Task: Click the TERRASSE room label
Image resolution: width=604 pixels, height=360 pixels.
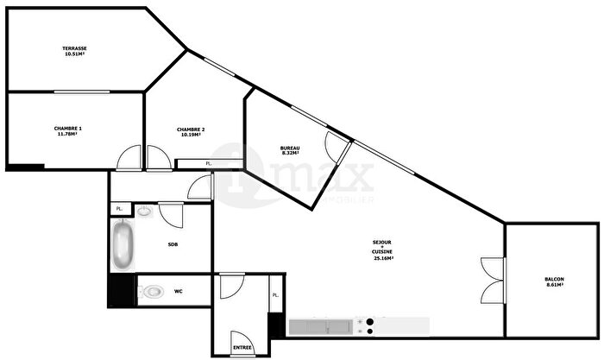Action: coord(74,47)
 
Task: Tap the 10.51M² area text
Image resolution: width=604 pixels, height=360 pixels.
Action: coord(74,54)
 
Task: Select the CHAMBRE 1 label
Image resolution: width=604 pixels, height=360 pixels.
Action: coord(67,128)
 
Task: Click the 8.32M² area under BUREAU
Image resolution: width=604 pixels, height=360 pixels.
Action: coord(290,154)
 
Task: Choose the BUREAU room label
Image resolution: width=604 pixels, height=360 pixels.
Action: coord(290,148)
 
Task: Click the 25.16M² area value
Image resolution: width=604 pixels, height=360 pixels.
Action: coord(384,258)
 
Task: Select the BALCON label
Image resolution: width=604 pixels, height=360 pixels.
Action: coord(555,278)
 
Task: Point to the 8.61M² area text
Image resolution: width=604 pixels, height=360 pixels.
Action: coord(555,285)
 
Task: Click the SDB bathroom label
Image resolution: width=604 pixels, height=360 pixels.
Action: coord(173,244)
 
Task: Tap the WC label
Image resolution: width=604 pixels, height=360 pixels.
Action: coord(179,291)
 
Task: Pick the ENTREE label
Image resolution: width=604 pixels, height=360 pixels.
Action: coord(242,347)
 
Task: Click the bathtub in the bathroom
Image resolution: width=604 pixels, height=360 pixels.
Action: coord(123,246)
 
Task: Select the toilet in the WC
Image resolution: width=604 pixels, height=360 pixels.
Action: coord(150,291)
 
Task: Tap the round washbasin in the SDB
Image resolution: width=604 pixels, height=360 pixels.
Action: coord(144,210)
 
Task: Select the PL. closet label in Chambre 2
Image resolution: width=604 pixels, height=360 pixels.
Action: coord(208,163)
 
